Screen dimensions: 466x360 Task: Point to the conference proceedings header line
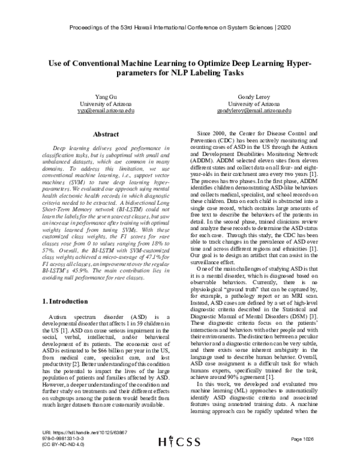[x=180, y=28]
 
